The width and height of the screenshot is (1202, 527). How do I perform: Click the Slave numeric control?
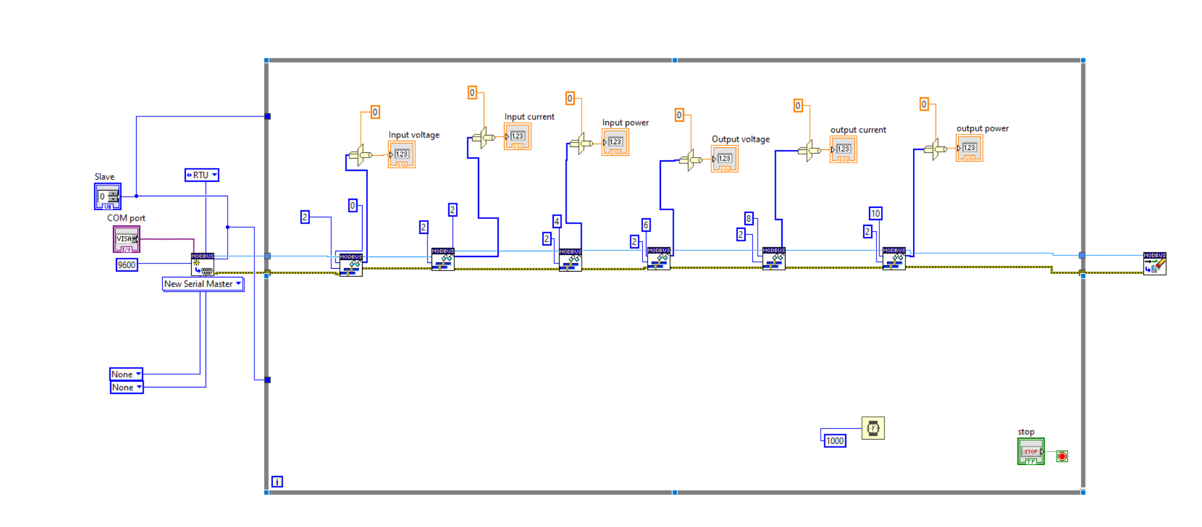(108, 197)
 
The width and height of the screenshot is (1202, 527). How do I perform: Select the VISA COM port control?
(126, 239)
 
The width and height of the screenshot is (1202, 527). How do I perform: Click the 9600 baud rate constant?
(126, 265)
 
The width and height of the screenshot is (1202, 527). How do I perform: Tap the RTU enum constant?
(201, 175)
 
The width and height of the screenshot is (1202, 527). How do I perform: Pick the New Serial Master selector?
(202, 284)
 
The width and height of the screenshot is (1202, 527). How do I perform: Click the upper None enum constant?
(126, 374)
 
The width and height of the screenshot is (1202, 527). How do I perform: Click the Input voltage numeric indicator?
(401, 155)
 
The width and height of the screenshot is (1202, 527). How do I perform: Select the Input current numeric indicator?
(517, 137)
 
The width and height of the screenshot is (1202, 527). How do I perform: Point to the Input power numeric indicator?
(615, 142)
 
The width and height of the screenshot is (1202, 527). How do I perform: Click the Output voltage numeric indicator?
(725, 159)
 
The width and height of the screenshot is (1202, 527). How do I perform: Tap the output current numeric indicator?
(843, 149)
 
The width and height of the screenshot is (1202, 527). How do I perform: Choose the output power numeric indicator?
(969, 148)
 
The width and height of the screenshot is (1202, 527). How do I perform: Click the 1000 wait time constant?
(835, 441)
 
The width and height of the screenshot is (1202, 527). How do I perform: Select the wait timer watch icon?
(873, 429)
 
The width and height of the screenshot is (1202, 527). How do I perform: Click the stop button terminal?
(1031, 451)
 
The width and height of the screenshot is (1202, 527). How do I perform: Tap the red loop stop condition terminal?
(1062, 456)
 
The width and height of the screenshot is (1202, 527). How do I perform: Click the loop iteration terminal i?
(277, 482)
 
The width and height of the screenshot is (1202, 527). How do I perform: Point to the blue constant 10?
(875, 214)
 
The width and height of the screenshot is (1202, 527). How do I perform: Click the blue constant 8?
(748, 218)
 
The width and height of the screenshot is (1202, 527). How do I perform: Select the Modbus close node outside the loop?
(1154, 263)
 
